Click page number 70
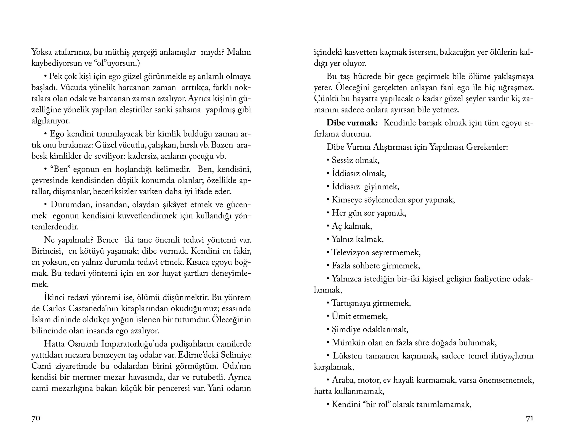36,418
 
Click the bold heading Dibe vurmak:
352,123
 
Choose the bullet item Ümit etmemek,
359,316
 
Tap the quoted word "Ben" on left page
59,169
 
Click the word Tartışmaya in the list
351,303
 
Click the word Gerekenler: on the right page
487,147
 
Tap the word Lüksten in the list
347,356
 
